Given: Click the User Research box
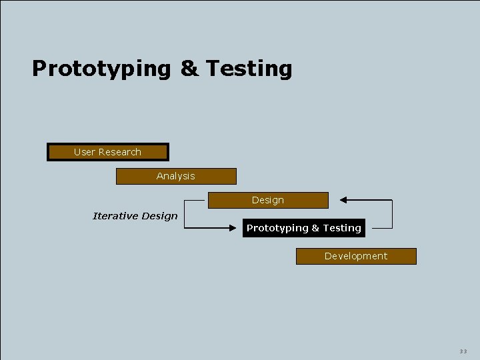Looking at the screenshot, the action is [107, 152].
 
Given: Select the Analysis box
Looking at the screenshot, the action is [176, 176].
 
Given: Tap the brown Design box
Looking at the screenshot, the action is [268, 200].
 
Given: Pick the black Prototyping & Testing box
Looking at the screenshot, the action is [304, 228].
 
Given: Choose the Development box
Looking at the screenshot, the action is [356, 256].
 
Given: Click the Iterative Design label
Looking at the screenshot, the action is [135, 216].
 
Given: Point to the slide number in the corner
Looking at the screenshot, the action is [463, 351].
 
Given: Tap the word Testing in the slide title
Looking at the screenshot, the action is [249, 69].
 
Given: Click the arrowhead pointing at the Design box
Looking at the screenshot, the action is [343, 200].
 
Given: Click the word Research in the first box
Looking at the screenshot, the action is [120, 152].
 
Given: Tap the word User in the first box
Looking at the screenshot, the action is [85, 152].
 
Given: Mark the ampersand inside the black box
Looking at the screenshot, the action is [315, 228].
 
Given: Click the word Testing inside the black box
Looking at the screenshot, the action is [342, 228].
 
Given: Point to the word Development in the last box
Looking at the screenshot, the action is [356, 256].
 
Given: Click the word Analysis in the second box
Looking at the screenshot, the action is [176, 176].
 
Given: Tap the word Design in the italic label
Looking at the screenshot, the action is [161, 216].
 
